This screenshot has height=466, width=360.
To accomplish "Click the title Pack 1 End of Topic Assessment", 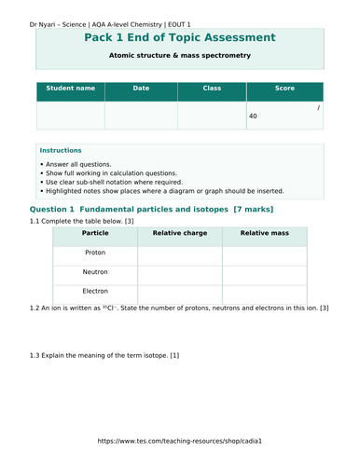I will [179, 37].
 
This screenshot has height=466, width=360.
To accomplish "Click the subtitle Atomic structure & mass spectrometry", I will [180, 55].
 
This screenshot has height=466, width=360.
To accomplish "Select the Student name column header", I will [70, 89].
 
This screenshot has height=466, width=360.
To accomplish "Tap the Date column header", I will [141, 89].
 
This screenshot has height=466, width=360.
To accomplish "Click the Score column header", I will [284, 89].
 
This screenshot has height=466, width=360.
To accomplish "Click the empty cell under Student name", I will [70, 115].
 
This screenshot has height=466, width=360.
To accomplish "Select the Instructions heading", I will [61, 150].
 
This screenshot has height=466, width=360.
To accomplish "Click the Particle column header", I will [95, 233].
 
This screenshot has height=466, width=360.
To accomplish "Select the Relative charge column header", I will [180, 233].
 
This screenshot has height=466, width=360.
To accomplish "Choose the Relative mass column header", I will [265, 233].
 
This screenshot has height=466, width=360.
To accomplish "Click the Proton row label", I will [95, 253].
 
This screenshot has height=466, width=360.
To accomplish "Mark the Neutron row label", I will [95, 272].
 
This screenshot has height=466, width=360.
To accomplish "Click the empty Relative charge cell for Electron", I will [180, 292].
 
